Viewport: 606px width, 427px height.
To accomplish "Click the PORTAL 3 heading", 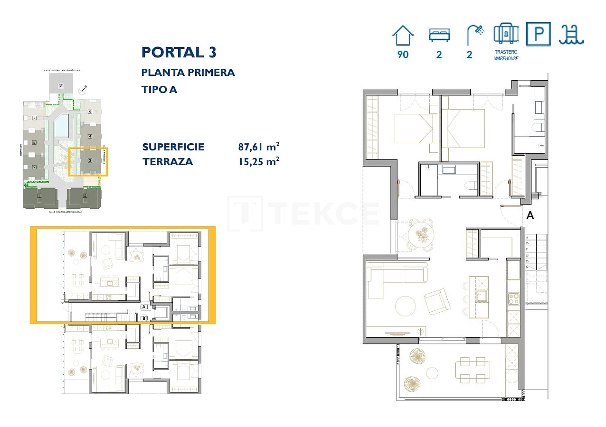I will pos(179,52).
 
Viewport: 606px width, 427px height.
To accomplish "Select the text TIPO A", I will pos(159,89).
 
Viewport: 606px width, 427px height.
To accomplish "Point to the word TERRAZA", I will pos(168,162).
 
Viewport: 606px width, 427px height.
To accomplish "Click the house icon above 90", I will pos(403,35).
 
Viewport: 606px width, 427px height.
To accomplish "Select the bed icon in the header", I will pos(439,35).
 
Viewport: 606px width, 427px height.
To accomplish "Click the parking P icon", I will pos(539,34).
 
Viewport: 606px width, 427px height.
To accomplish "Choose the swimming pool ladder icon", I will pos(571,34).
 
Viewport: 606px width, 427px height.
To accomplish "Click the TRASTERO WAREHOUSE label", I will pos(506,55).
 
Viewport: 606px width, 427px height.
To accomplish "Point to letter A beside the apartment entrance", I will pos(530,215).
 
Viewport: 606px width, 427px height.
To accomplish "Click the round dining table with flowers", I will pos(421,233).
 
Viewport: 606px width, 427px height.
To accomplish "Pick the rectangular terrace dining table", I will pos(473,370).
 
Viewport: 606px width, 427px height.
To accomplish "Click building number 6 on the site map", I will pos(61,86).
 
